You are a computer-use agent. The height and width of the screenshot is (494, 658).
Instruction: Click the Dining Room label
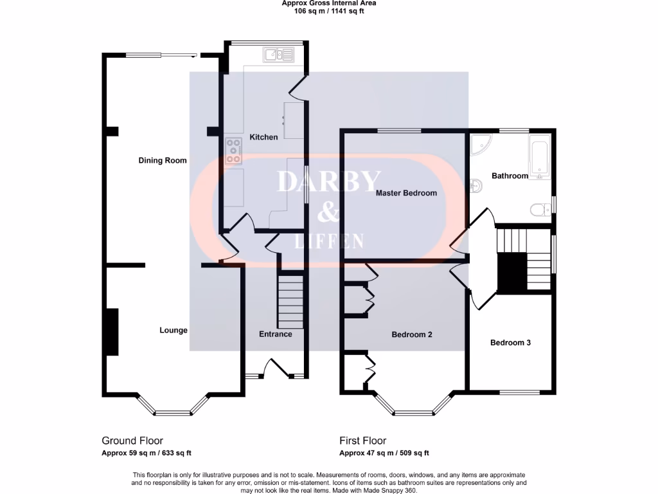click(163, 160)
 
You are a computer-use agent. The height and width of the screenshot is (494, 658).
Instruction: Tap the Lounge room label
click(173, 331)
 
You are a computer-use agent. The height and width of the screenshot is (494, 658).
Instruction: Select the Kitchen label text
click(263, 137)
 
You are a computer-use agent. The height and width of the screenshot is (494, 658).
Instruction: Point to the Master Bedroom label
click(406, 193)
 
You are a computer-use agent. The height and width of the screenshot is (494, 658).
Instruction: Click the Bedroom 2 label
click(412, 335)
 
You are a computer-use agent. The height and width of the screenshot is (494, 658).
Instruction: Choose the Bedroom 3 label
click(510, 343)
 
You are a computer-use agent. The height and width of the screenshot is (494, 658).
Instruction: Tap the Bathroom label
click(510, 176)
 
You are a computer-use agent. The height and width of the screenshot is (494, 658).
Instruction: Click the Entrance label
click(275, 334)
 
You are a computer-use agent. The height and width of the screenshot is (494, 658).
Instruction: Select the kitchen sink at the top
click(278, 55)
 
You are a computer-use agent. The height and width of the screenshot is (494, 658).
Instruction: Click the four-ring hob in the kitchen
click(233, 151)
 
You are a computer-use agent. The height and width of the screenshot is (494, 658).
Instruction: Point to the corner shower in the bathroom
click(479, 145)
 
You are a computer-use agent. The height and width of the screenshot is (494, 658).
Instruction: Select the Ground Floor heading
click(132, 441)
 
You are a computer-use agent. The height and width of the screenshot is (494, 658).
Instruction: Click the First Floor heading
click(363, 441)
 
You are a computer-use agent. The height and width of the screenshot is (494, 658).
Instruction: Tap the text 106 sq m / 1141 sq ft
click(328, 11)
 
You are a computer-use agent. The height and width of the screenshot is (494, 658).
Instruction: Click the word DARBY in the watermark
click(328, 182)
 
